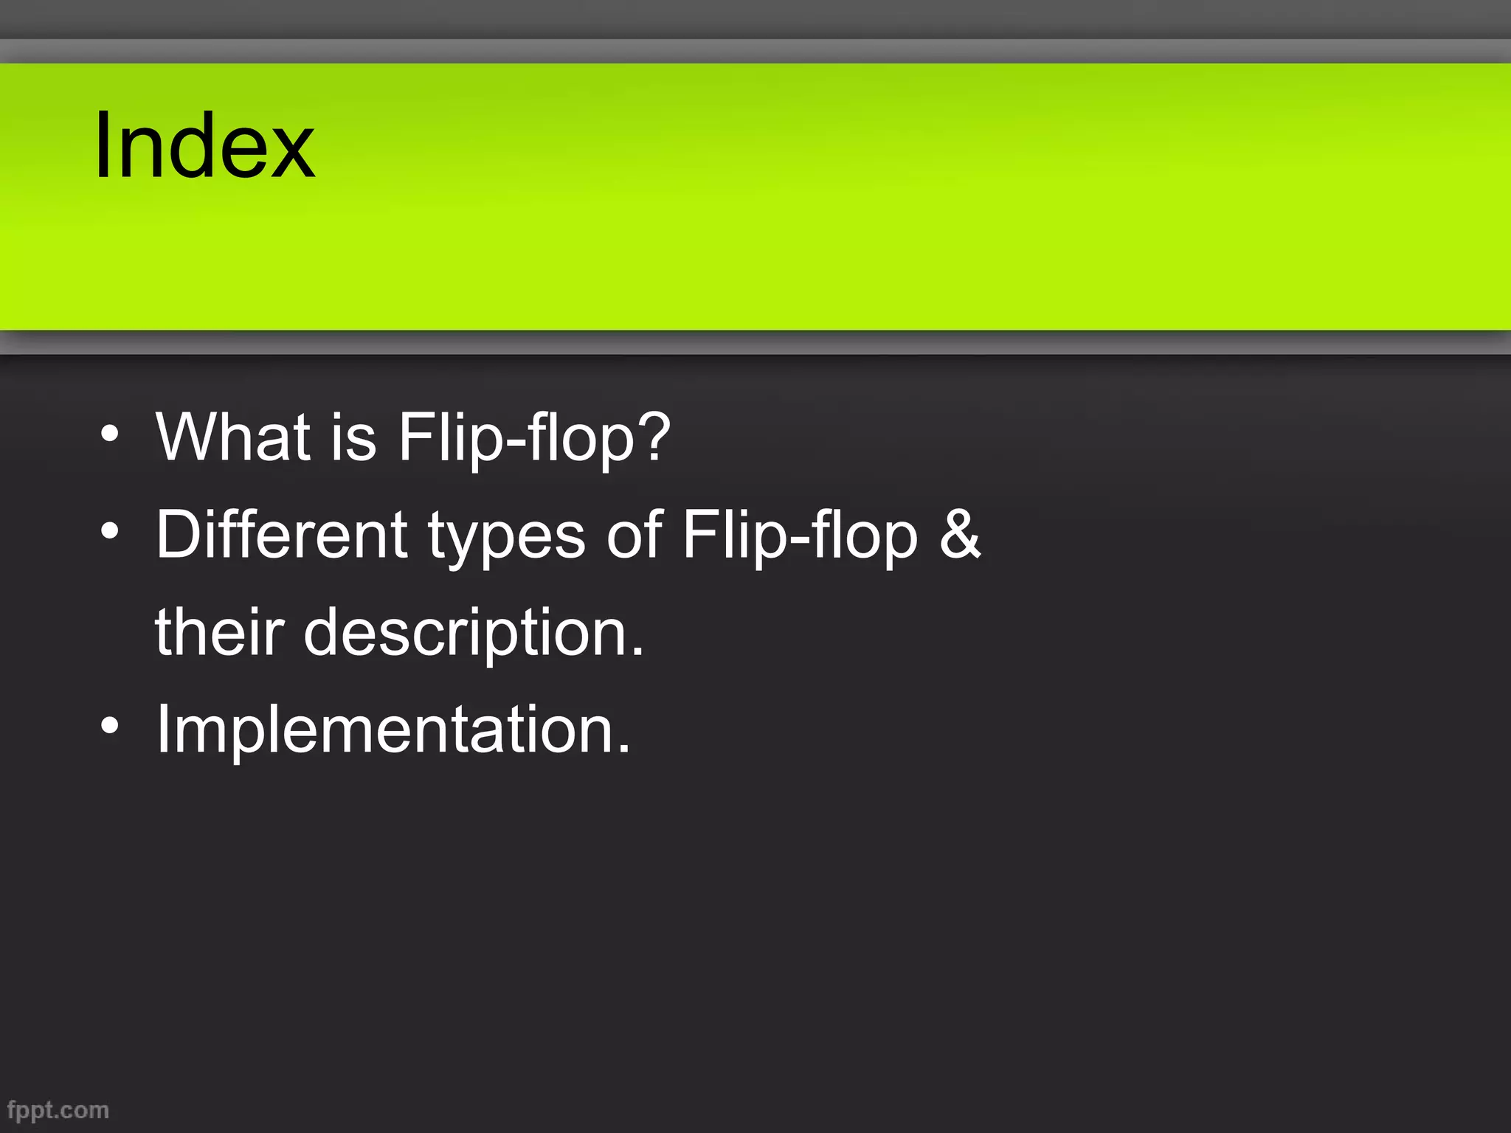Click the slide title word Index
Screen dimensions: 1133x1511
[204, 145]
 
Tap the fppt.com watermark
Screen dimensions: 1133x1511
[58, 1110]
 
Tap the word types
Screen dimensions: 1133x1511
[507, 537]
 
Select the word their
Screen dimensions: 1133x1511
[219, 631]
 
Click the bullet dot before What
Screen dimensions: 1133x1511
[110, 433]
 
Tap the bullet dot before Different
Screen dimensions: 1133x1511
[110, 531]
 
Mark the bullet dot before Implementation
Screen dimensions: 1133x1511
[110, 727]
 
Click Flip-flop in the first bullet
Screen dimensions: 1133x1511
[516, 437]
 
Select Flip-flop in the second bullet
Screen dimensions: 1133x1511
[800, 536]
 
